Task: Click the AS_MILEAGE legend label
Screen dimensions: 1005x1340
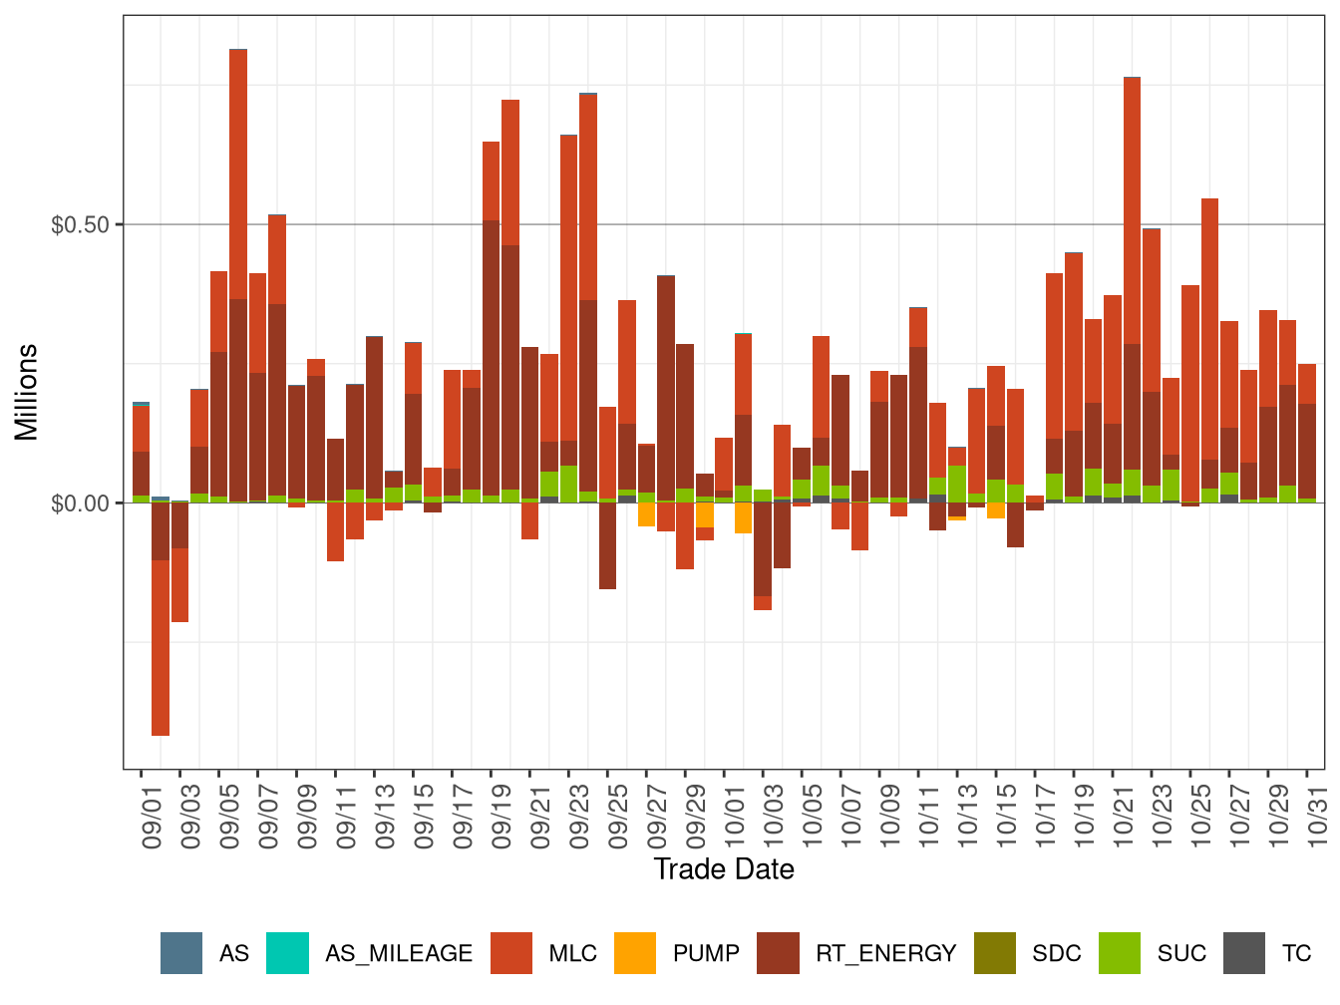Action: click(x=398, y=953)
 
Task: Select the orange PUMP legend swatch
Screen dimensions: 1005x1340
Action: click(x=635, y=953)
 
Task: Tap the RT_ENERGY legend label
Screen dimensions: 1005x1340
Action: click(x=885, y=953)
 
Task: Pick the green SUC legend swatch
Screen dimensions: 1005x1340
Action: click(x=1120, y=953)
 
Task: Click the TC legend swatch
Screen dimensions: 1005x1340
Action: click(x=1244, y=953)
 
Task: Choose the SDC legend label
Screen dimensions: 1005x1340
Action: click(x=1056, y=953)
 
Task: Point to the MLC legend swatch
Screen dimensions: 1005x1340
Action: click(x=511, y=953)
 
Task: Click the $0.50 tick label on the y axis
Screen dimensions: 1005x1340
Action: click(x=80, y=224)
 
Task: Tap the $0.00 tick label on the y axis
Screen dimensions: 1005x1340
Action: click(x=80, y=502)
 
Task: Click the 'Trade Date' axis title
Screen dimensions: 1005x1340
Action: click(x=724, y=869)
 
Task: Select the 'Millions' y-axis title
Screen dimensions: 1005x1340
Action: click(x=27, y=392)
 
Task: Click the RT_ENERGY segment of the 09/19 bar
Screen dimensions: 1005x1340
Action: click(x=492, y=359)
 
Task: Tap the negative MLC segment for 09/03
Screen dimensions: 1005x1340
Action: click(x=179, y=585)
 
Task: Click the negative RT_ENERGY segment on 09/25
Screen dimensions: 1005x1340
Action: click(x=608, y=545)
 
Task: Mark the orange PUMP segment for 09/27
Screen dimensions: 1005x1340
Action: click(x=647, y=513)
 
